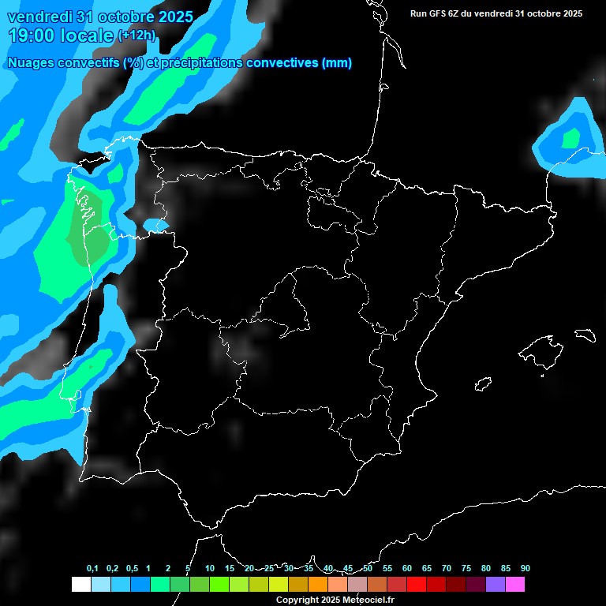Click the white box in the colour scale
tap(80, 584)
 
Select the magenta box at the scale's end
tap(515, 584)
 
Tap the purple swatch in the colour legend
tap(496, 584)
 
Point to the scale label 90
tap(525, 569)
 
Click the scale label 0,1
tap(92, 569)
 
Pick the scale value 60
tap(406, 569)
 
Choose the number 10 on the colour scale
tap(209, 569)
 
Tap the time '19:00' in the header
tap(36, 36)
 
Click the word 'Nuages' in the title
tap(31, 63)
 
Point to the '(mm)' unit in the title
tap(336, 63)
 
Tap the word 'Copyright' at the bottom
tap(297, 600)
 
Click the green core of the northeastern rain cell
tap(570, 138)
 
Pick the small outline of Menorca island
tap(585, 335)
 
